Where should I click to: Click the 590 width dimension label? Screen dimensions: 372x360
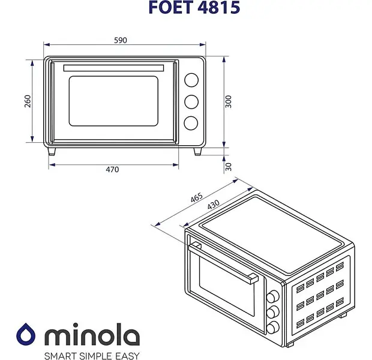(121, 40)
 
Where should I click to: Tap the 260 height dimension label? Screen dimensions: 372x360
(28, 101)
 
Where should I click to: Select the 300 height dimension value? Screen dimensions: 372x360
(228, 101)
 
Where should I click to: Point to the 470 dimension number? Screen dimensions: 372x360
(112, 169)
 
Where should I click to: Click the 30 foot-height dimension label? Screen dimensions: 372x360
(228, 167)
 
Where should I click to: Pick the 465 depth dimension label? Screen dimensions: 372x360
(197, 197)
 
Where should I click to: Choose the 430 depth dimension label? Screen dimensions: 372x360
(213, 205)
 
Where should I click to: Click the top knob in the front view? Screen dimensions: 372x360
(191, 80)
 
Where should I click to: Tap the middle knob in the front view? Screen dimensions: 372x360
(191, 102)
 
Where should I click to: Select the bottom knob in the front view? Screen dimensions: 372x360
(191, 123)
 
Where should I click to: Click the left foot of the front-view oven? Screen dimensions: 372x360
(52, 151)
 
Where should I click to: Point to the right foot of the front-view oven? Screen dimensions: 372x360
(197, 151)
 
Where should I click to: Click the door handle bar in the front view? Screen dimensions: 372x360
(113, 68)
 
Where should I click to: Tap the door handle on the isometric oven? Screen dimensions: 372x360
(223, 262)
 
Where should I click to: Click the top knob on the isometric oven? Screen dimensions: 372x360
(272, 296)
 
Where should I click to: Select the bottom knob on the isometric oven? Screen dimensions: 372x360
(272, 328)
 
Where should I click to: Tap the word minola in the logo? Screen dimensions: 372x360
(92, 334)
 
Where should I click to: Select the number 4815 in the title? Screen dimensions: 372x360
(218, 7)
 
